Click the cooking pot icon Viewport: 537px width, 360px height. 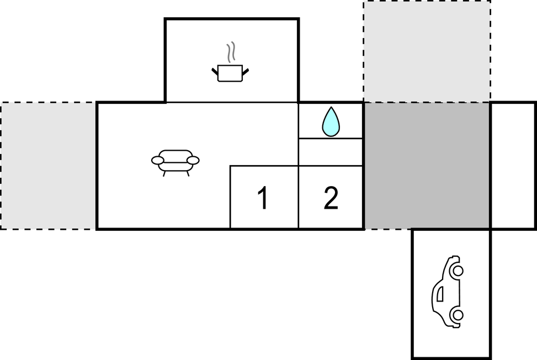pos(230,73)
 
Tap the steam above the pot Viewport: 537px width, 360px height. pos(232,51)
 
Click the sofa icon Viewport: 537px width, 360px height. pos(176,162)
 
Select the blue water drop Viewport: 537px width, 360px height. pos(331,122)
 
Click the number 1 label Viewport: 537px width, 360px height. pos(263,199)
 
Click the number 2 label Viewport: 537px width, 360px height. pos(331,199)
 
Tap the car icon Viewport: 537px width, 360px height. pos(447,292)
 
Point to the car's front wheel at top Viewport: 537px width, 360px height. pos(457,271)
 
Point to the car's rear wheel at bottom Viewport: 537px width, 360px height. pos(457,315)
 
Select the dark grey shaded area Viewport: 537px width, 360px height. pos(427,166)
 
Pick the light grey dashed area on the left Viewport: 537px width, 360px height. pos(49,166)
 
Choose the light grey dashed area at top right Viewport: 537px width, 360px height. pos(427,51)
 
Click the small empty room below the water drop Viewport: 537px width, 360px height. pos(331,152)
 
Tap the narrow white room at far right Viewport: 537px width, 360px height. pos(513,166)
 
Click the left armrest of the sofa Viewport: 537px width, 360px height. pos(158,160)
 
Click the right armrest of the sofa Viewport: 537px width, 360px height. pos(193,160)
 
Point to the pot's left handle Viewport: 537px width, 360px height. pos(215,70)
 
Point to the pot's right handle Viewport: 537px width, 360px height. pos(246,70)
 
